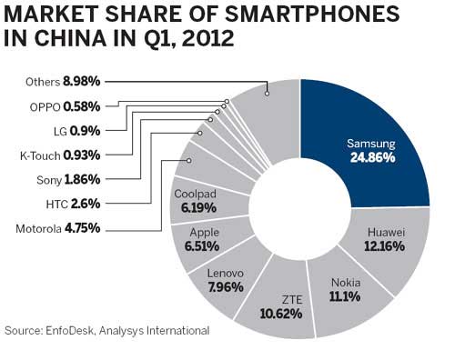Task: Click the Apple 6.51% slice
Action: [202, 239]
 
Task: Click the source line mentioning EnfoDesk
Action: [107, 331]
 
